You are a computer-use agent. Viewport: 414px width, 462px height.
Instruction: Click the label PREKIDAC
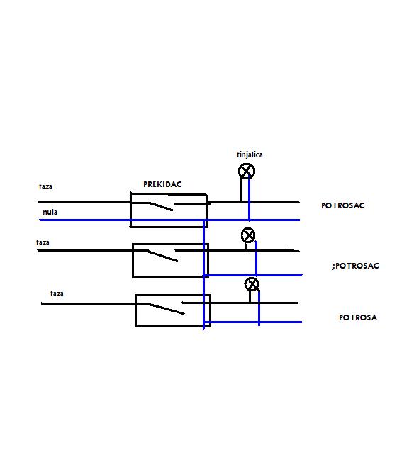[162, 184]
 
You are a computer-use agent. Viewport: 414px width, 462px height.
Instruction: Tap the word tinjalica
[250, 155]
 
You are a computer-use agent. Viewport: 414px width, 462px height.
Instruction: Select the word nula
[50, 212]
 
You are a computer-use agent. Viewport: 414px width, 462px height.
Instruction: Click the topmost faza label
[45, 186]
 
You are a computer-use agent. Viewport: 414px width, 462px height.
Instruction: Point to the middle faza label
[43, 242]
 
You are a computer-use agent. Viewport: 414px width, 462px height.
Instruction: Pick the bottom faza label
[57, 293]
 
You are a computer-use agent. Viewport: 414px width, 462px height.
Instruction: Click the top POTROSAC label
[342, 205]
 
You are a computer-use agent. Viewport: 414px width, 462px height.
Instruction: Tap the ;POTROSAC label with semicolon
[355, 266]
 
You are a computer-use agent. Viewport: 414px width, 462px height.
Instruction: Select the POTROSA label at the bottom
[358, 317]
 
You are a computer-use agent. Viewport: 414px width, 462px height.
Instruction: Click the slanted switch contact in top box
[161, 206]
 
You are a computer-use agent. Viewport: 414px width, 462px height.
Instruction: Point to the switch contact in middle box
[163, 256]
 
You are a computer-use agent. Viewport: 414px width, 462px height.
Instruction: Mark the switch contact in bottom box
[167, 309]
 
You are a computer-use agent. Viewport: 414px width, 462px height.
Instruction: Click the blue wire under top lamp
[249, 198]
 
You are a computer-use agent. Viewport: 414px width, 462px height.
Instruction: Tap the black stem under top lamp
[240, 190]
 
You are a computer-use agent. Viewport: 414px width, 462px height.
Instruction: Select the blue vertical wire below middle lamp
[256, 258]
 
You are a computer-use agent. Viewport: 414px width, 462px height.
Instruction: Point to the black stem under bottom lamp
[250, 297]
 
